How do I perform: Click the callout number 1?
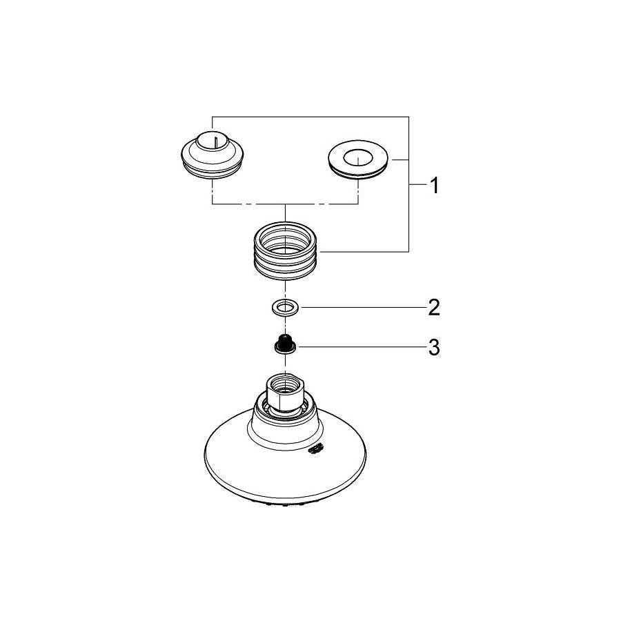433,186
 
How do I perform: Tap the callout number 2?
433,306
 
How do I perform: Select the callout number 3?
433,348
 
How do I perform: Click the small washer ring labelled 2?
284,306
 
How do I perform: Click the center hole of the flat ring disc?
358,158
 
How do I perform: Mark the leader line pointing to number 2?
359,306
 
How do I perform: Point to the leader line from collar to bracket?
366,250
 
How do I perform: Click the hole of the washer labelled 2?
284,306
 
